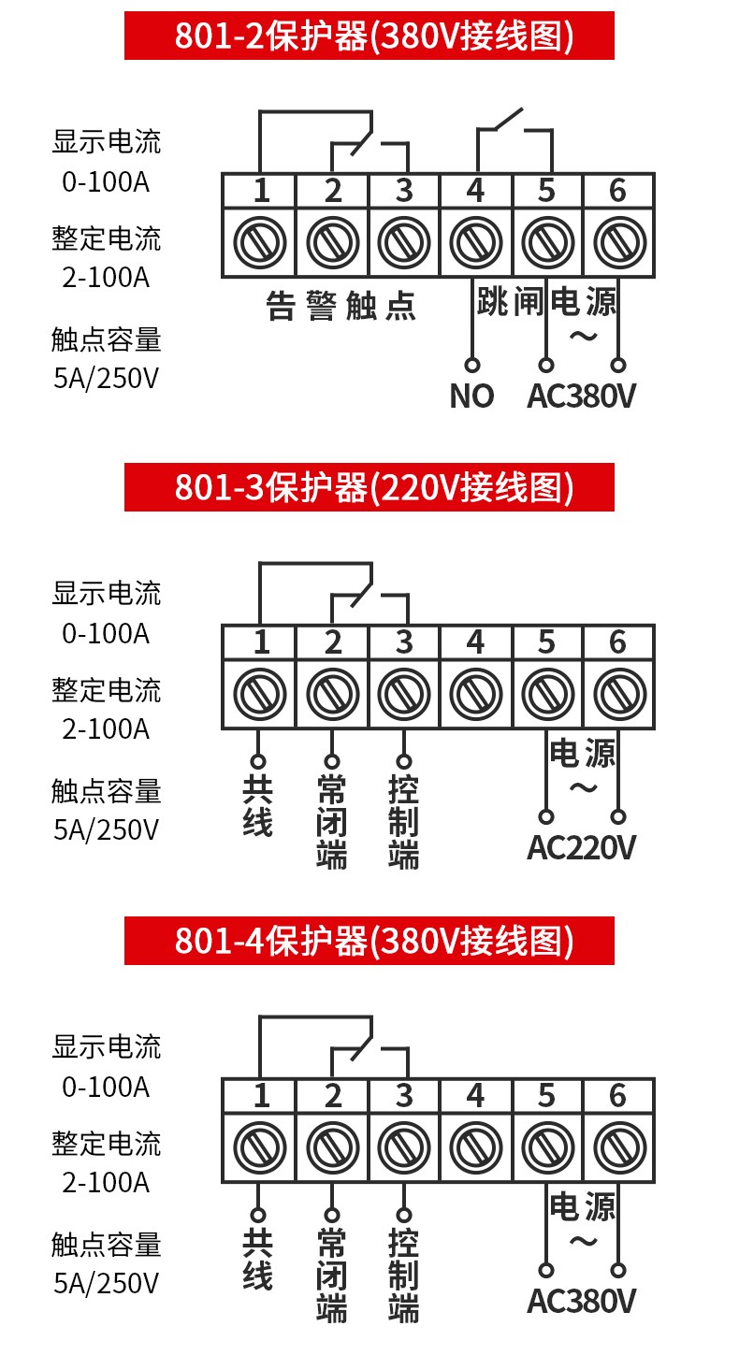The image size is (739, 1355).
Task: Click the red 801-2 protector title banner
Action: tap(369, 36)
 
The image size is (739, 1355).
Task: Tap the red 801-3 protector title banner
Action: tap(369, 487)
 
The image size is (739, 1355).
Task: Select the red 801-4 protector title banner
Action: tap(369, 940)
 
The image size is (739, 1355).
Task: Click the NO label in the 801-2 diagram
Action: tap(471, 396)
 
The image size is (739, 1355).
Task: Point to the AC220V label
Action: tap(581, 847)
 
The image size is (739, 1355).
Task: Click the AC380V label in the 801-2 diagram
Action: tap(581, 396)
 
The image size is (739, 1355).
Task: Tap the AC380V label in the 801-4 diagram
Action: tap(581, 1301)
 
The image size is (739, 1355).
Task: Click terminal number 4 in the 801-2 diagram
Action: tap(475, 191)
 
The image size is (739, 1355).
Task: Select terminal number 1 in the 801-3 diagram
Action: tap(261, 642)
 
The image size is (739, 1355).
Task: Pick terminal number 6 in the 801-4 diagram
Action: tap(617, 1095)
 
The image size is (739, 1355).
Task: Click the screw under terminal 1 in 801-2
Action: tap(259, 243)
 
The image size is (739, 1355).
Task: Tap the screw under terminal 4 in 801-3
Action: tap(475, 695)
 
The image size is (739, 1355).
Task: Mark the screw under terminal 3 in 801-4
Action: tap(403, 1147)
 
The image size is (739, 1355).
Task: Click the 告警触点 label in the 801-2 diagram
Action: tap(341, 306)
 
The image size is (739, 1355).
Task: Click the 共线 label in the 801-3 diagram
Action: tap(257, 807)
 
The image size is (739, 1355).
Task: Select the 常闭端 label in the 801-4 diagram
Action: tap(331, 1276)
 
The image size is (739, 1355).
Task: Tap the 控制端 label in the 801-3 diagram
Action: tap(403, 823)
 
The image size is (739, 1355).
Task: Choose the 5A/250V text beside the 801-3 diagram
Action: tap(106, 829)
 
